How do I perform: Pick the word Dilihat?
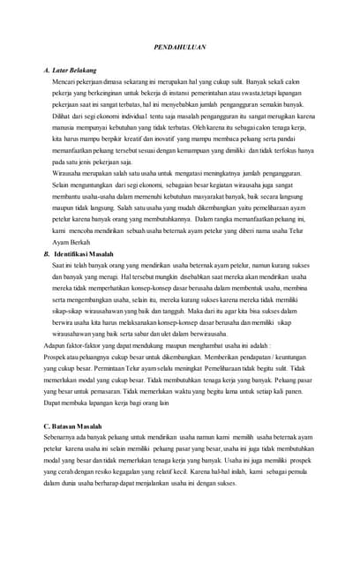(x=63, y=115)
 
